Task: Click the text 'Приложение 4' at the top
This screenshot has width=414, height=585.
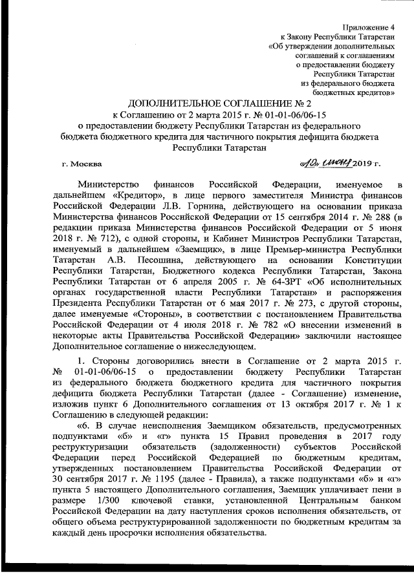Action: coord(373,29)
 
